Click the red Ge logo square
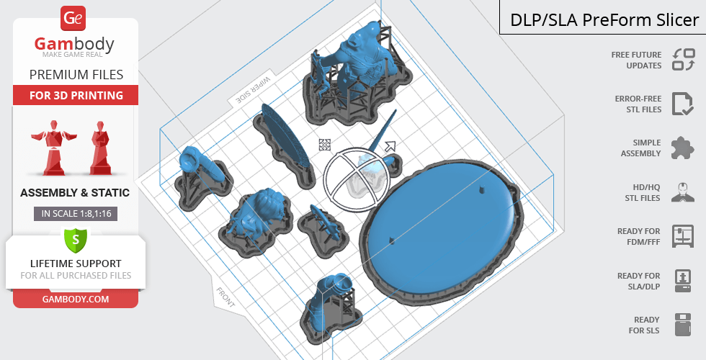[x=73, y=18]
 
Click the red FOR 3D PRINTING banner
[x=76, y=95]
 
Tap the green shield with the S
[x=76, y=239]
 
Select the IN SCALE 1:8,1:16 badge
[x=76, y=214]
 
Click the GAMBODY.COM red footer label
[x=76, y=300]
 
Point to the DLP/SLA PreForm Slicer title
[x=604, y=20]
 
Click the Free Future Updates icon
[x=684, y=60]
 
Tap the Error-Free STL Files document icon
[x=683, y=104]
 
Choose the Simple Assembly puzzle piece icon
[x=683, y=148]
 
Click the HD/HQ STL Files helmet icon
[x=683, y=192]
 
